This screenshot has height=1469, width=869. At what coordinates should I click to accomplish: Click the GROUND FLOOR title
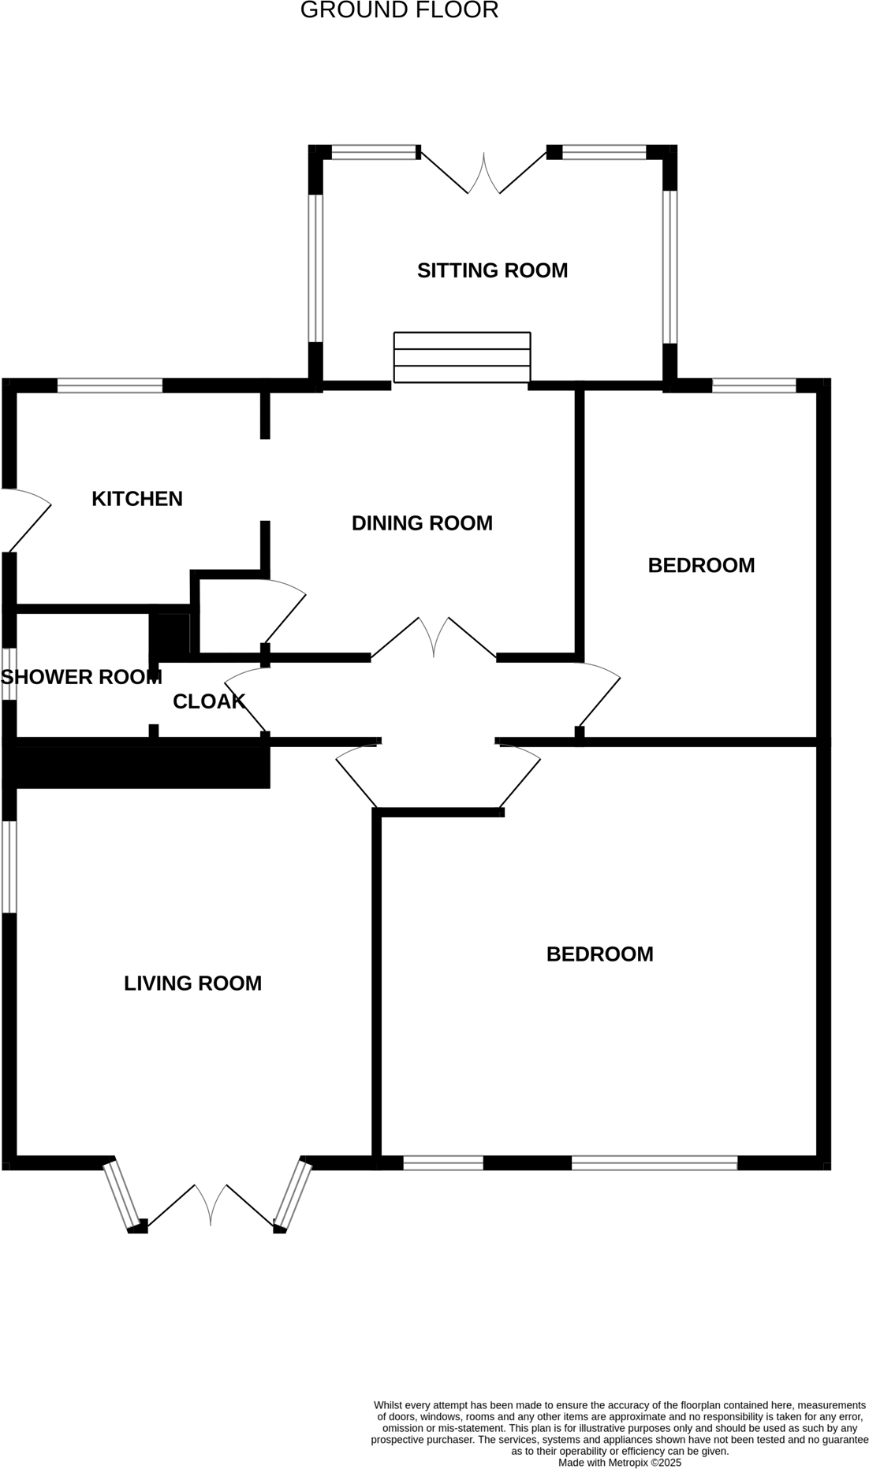pos(399,10)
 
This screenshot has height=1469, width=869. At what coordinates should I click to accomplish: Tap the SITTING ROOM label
pos(492,270)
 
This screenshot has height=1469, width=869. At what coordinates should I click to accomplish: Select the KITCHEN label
pos(137,499)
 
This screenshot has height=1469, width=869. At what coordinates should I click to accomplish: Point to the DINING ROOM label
pos(422,523)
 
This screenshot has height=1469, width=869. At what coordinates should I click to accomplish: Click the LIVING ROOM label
pos(192,983)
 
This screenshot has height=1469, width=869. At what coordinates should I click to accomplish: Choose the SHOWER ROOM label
pos(81,677)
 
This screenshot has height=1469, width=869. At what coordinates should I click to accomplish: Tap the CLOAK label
pos(209,701)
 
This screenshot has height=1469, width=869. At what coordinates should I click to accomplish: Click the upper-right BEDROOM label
pos(701,565)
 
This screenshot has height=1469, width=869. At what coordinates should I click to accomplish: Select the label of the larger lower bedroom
pos(599,954)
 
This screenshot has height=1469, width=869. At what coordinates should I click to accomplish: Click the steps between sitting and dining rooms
pos(462,358)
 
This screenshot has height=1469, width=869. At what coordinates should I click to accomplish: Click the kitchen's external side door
pos(28,520)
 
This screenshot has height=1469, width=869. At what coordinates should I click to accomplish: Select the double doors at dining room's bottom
pos(434,638)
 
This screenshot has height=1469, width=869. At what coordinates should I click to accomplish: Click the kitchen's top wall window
pos(110,385)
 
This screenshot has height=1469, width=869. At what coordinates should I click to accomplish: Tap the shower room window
pos(9,674)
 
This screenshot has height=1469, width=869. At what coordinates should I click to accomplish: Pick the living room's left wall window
pos(9,867)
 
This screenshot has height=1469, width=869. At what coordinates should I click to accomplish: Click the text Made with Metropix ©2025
pos(619,1462)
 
